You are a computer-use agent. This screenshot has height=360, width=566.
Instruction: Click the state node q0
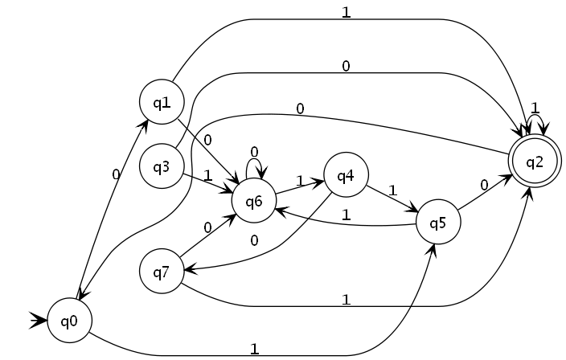pos(68,321)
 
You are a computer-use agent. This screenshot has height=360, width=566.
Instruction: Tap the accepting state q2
pos(535,161)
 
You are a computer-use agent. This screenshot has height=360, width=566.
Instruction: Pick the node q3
pos(162,167)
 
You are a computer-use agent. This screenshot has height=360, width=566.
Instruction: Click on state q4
pos(346,175)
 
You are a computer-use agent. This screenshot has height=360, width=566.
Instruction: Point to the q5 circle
pos(438,221)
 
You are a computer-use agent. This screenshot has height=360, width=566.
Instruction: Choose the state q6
pos(254,200)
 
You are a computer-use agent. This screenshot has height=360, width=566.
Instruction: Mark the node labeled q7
pos(162,272)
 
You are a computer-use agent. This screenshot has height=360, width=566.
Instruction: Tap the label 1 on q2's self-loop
pos(535,107)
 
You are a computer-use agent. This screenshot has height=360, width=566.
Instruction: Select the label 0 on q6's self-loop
pos(254,151)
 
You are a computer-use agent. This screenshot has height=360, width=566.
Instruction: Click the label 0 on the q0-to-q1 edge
pos(116,173)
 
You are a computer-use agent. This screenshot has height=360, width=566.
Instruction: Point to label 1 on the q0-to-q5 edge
pos(254,349)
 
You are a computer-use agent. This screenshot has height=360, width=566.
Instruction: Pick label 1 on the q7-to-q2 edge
pos(346,300)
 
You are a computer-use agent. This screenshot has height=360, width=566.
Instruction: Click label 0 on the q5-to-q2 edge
pos(484,185)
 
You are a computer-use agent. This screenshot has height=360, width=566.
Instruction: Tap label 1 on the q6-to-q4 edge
pos(299,181)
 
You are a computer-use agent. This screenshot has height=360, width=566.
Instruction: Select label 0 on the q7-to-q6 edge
pos(207,227)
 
